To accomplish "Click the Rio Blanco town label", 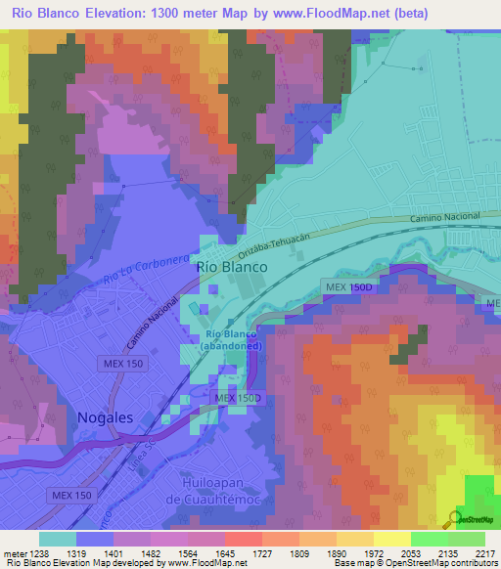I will pyautogui.click(x=232, y=266).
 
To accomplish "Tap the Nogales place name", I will pyautogui.click(x=105, y=417).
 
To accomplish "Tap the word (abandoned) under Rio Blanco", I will pyautogui.click(x=232, y=345).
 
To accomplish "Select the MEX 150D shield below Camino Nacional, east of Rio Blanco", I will pyautogui.click(x=347, y=286).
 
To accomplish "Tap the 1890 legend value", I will pyautogui.click(x=319, y=553).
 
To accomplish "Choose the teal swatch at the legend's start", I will pyautogui.click(x=58, y=539).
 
